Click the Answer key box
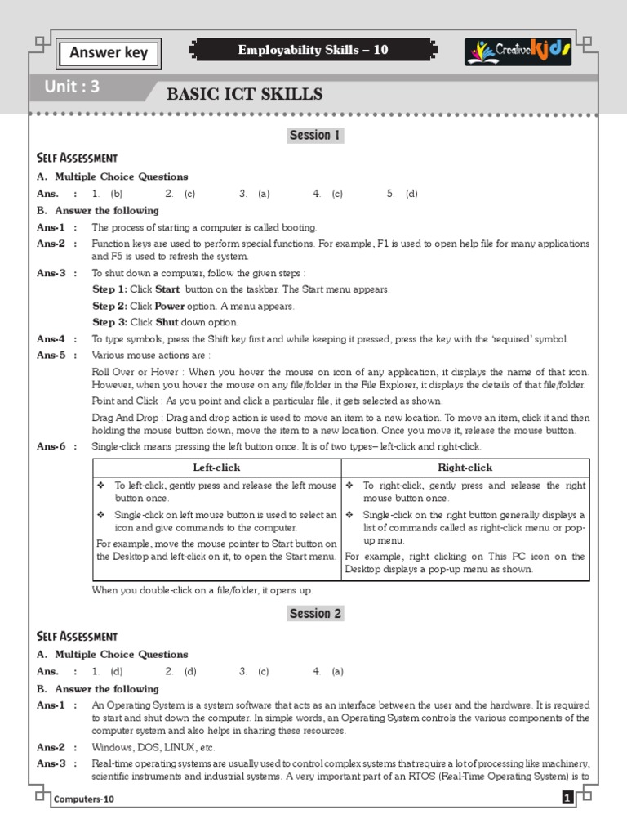click(x=109, y=53)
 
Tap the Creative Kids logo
click(x=518, y=51)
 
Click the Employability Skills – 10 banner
click(x=313, y=51)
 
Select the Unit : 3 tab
click(x=73, y=87)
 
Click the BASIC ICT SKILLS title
click(x=244, y=95)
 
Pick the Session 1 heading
click(x=314, y=136)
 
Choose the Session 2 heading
click(x=314, y=614)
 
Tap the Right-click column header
click(x=465, y=468)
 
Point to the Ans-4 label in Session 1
click(x=51, y=339)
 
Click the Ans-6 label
click(x=51, y=446)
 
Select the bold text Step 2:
click(x=110, y=307)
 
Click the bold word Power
click(x=171, y=307)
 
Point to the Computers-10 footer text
click(x=85, y=799)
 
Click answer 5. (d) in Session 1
click(x=402, y=194)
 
